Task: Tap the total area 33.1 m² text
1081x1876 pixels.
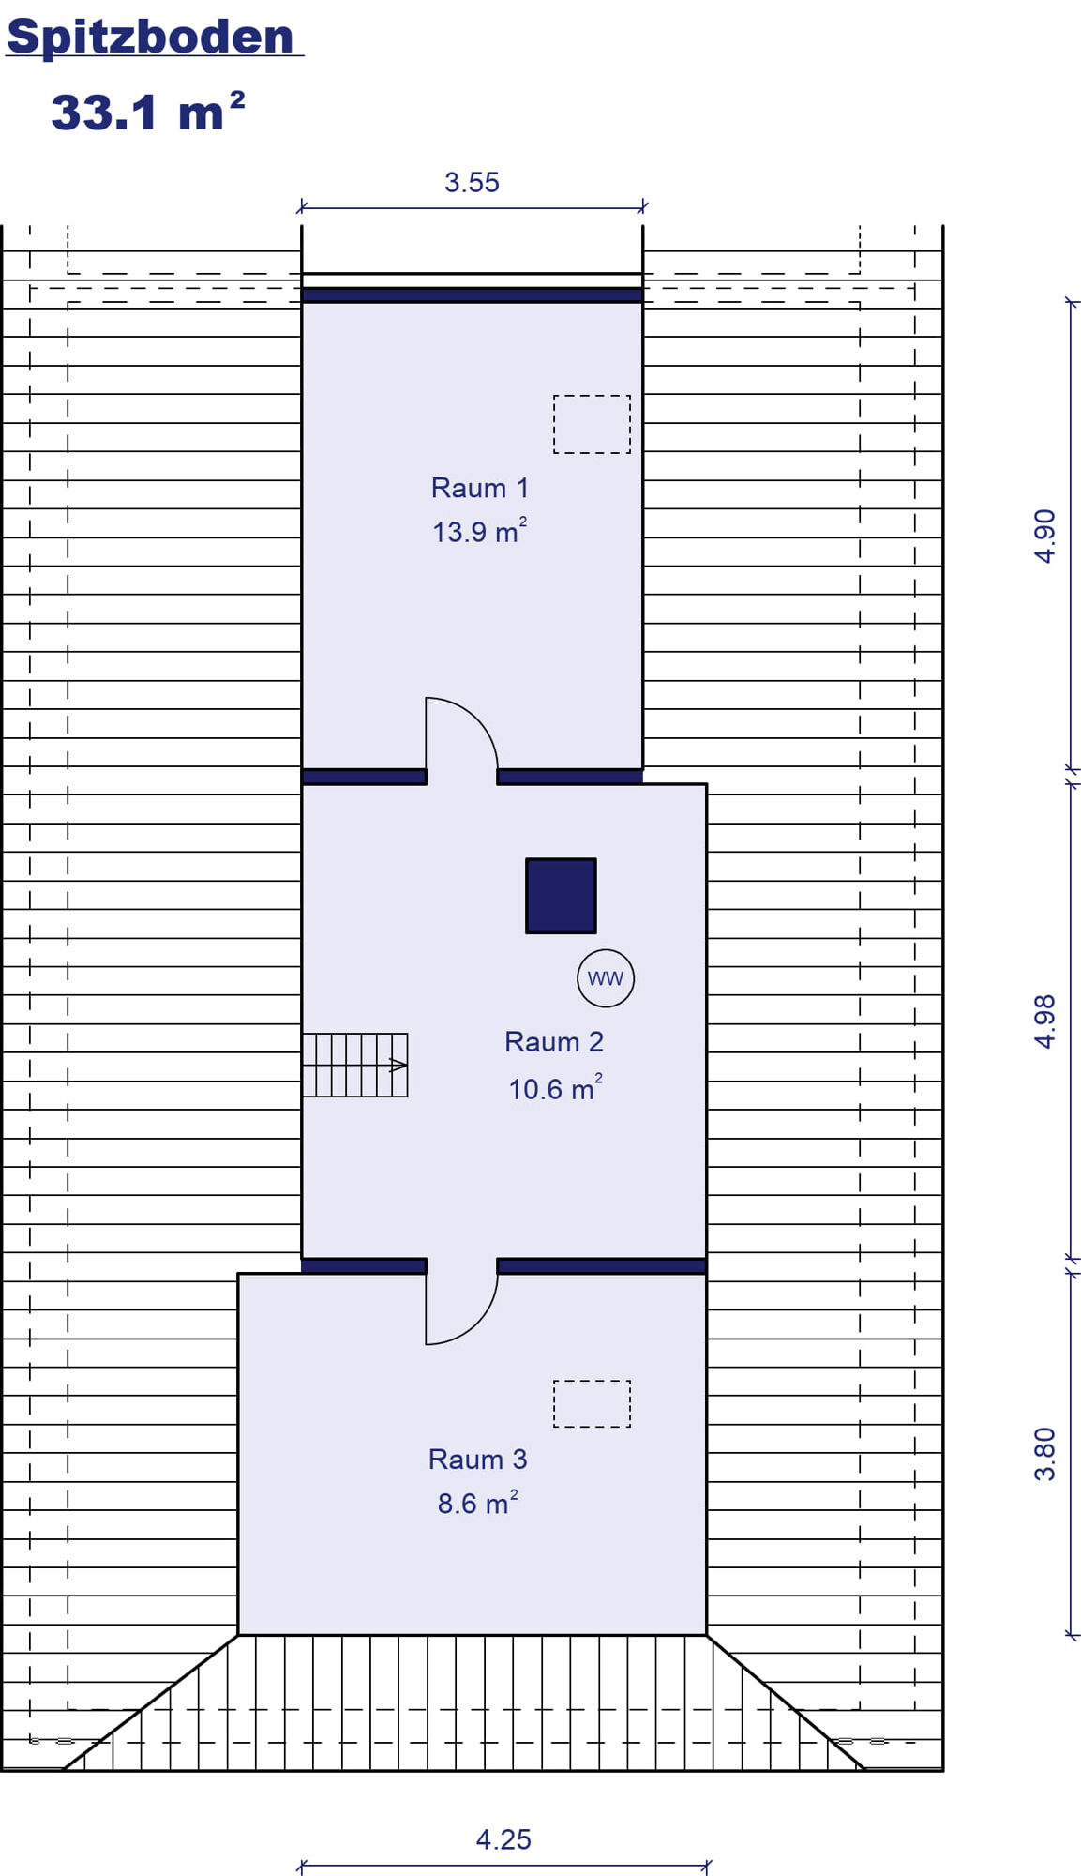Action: pos(148,112)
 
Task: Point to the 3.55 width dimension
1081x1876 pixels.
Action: pos(472,182)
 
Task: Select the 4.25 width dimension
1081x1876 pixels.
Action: pos(503,1839)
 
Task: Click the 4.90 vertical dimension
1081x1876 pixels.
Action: pos(1044,536)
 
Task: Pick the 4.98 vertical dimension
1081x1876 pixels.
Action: pos(1044,1021)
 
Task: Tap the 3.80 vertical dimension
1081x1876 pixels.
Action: pos(1044,1454)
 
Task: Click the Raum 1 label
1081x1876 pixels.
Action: pos(480,488)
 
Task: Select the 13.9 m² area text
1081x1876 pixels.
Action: pos(479,531)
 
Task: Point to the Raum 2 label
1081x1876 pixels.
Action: pos(554,1042)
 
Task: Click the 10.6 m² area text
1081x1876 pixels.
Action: pos(555,1088)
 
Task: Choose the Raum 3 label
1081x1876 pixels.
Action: pos(477,1460)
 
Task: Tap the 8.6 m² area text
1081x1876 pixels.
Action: pos(477,1503)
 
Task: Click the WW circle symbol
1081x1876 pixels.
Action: pos(606,978)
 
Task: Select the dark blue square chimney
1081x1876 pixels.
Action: pos(561,896)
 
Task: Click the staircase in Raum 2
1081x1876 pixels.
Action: pos(355,1065)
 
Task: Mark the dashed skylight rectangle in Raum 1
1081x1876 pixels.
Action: pos(592,424)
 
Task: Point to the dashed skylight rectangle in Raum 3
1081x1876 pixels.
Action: pos(592,1403)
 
